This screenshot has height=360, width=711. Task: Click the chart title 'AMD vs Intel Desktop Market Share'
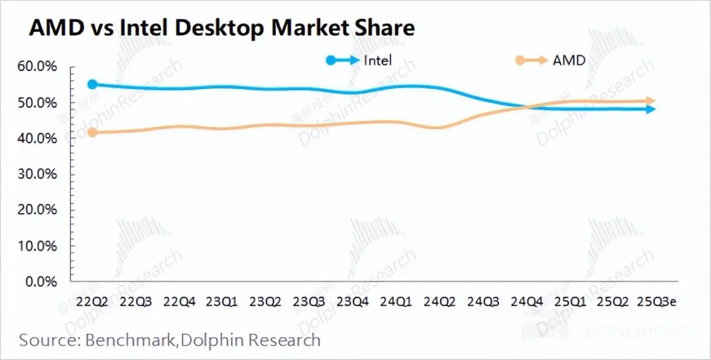pos(221,28)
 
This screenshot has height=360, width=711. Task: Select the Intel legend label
pos(378,61)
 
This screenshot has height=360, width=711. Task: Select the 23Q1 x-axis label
pos(221,302)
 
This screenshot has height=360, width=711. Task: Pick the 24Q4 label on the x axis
pos(527,302)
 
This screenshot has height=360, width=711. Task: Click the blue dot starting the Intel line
pos(92,84)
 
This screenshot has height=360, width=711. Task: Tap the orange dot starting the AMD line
pos(92,132)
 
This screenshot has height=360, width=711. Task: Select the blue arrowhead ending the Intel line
pos(651,109)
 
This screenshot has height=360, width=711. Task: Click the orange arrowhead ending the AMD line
pos(651,101)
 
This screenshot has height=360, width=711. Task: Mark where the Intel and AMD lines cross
pos(531,106)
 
